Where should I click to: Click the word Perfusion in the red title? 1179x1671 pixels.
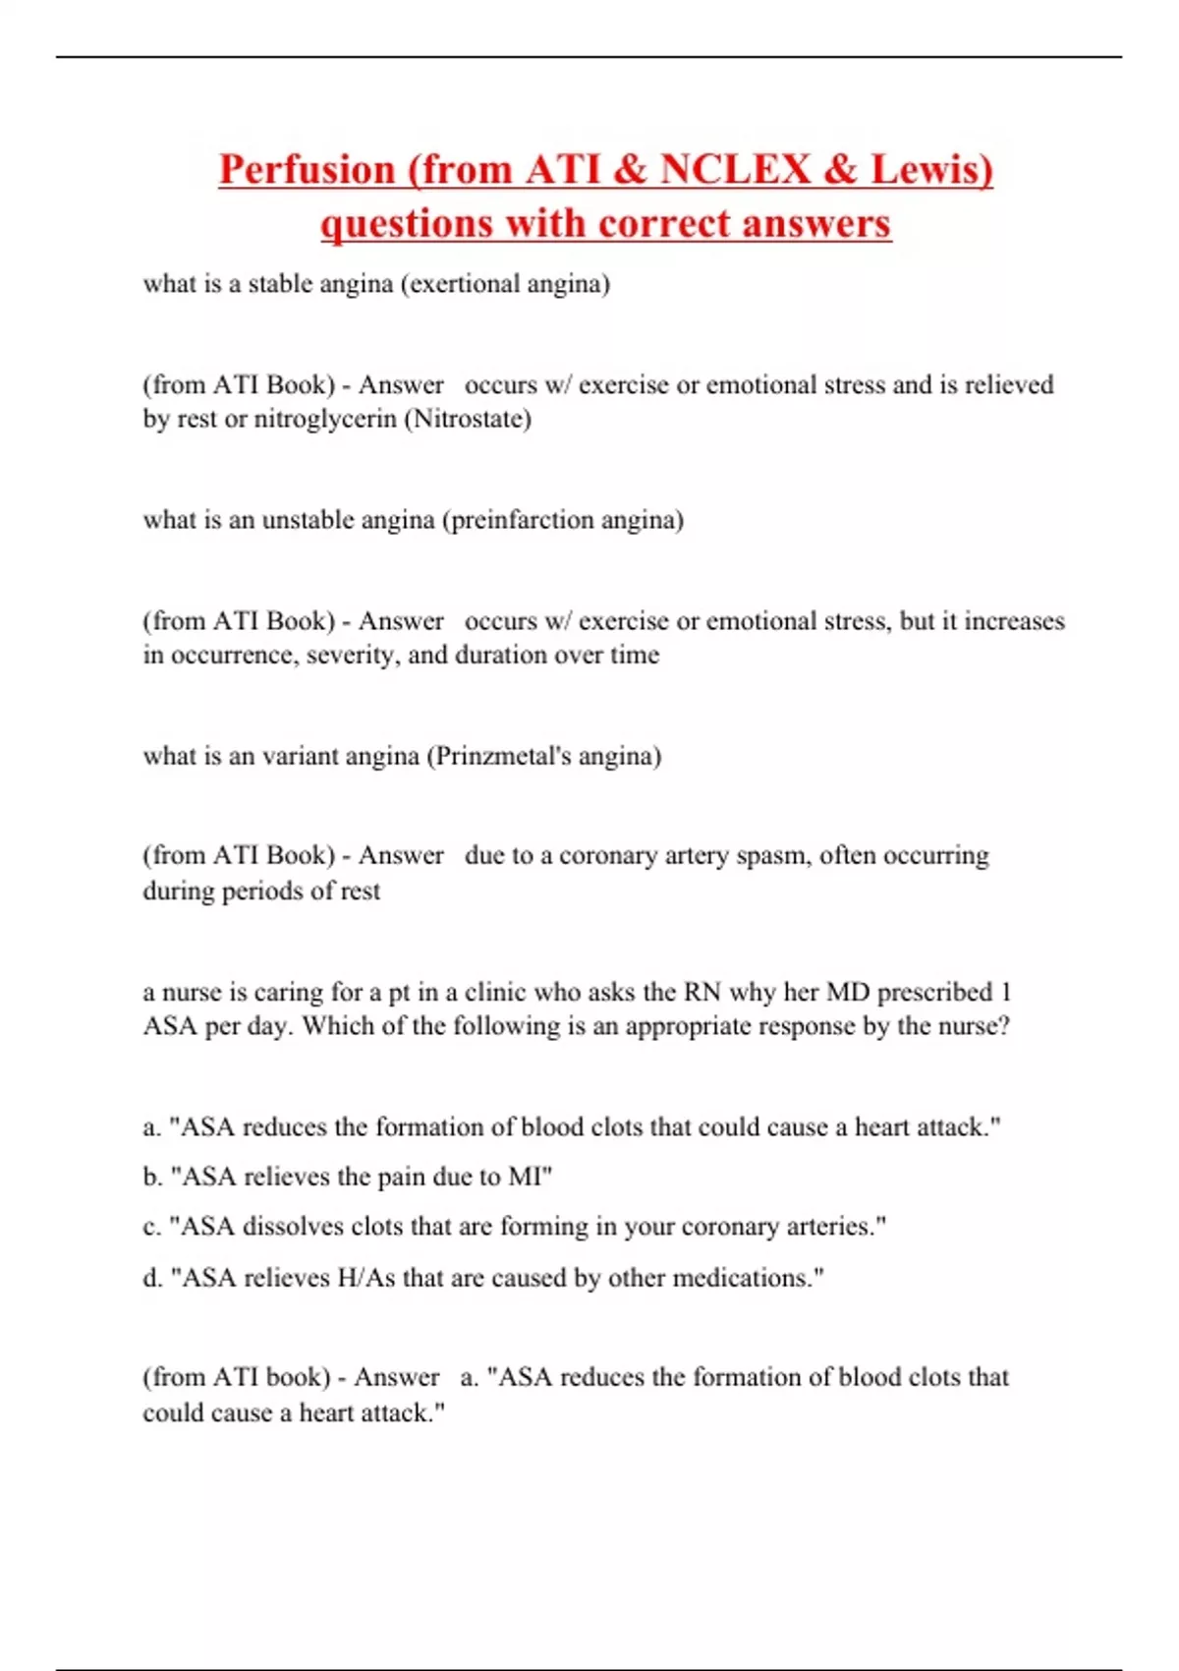pyautogui.click(x=306, y=169)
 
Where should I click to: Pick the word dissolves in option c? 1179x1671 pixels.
pyautogui.click(x=292, y=1227)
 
